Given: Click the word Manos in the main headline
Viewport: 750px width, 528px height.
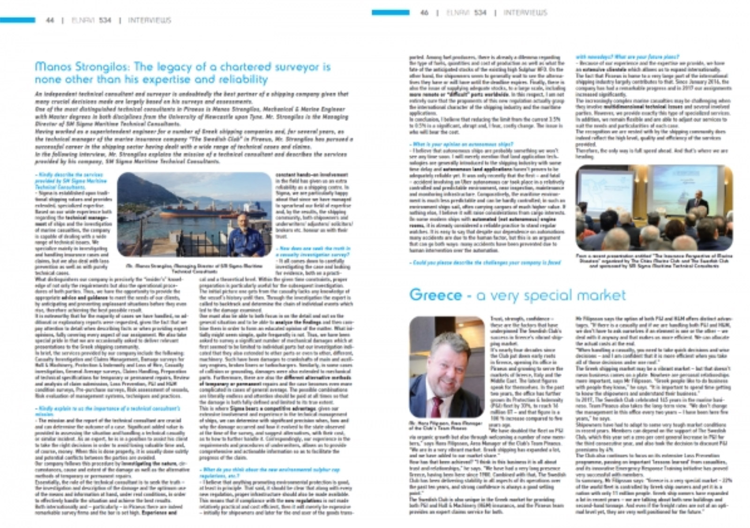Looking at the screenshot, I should coord(50,67).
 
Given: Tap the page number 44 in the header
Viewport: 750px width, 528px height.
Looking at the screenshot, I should coord(50,20).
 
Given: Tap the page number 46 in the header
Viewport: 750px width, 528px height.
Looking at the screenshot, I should coord(424,13).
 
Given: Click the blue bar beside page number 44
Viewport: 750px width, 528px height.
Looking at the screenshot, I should coord(17,20).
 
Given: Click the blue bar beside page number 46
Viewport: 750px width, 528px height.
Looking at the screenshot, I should coord(390,13).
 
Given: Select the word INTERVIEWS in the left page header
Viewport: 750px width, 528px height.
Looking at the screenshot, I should coord(150,20).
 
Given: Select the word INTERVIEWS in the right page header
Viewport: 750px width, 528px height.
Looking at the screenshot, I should coord(525,13).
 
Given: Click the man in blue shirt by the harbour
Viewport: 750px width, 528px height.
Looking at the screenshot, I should coord(246,237).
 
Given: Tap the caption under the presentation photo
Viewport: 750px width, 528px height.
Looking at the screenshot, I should coord(654,261).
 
